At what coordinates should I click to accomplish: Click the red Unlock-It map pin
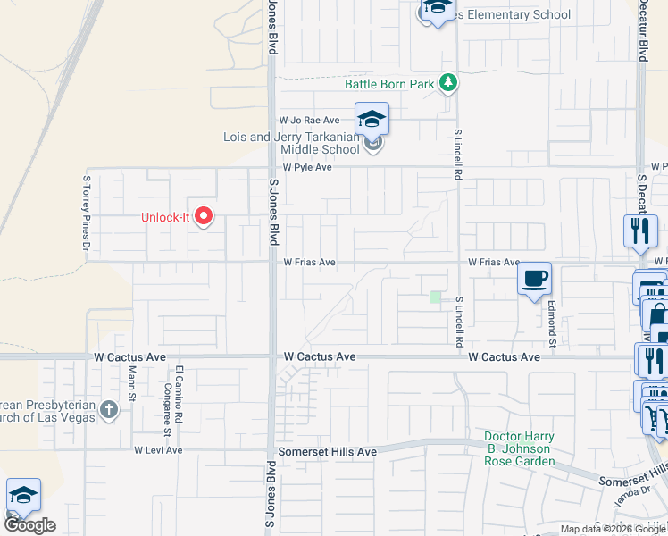(204, 216)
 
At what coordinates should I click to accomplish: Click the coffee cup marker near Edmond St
(534, 279)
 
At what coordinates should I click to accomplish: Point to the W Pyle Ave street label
(308, 167)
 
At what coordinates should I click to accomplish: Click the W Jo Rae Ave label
(310, 120)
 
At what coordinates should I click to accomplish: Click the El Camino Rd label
(180, 394)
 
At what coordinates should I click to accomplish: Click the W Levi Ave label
(158, 450)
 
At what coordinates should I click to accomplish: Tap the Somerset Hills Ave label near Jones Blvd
(327, 453)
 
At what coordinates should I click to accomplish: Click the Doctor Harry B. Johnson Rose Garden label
(520, 448)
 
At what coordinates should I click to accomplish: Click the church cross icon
(109, 410)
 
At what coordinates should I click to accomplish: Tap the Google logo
(29, 525)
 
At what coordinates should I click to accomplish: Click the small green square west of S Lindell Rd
(436, 297)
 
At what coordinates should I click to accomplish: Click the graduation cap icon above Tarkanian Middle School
(372, 119)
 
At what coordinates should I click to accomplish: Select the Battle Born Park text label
(390, 85)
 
